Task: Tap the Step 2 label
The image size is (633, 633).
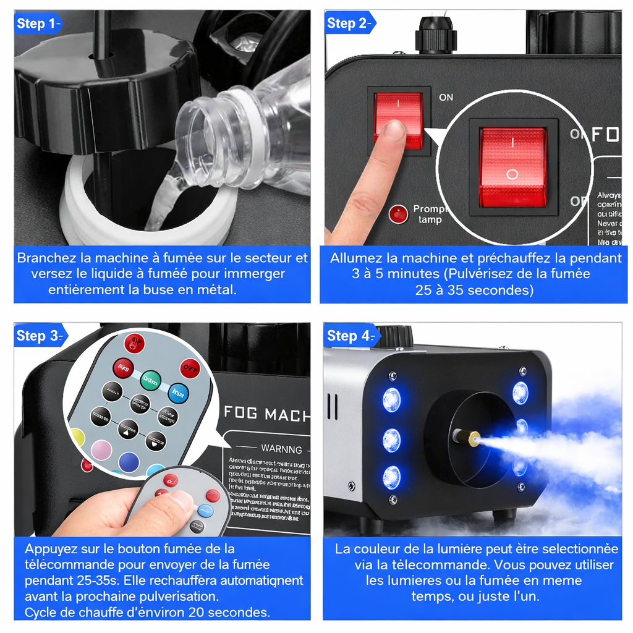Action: point(350,23)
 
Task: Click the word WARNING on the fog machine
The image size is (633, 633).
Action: point(281,449)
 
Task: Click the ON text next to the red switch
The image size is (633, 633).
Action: point(446,97)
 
